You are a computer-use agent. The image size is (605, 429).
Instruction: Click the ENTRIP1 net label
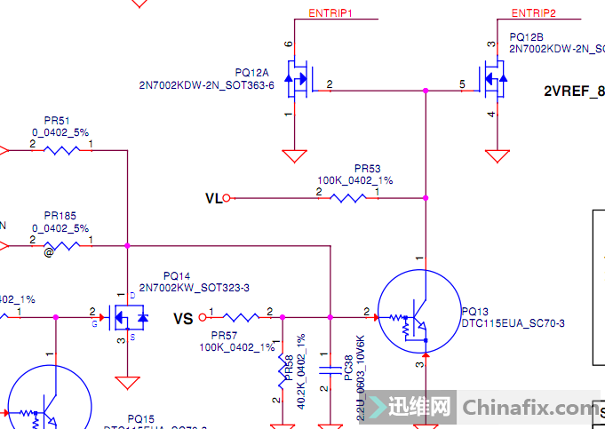[x=330, y=13]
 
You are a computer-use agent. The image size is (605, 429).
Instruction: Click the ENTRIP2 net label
[x=534, y=13]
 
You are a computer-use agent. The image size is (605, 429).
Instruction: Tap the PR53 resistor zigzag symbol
[x=348, y=197]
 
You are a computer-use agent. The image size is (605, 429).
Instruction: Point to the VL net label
[x=213, y=198]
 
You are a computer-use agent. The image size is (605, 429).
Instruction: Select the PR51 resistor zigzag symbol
[x=62, y=149]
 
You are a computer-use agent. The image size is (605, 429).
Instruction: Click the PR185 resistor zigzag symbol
[x=62, y=245]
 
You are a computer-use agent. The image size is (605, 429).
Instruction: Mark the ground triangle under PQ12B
[x=498, y=156]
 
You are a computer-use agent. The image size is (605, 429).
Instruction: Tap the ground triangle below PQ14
[x=128, y=383]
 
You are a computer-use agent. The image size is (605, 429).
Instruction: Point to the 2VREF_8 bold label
[x=574, y=91]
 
